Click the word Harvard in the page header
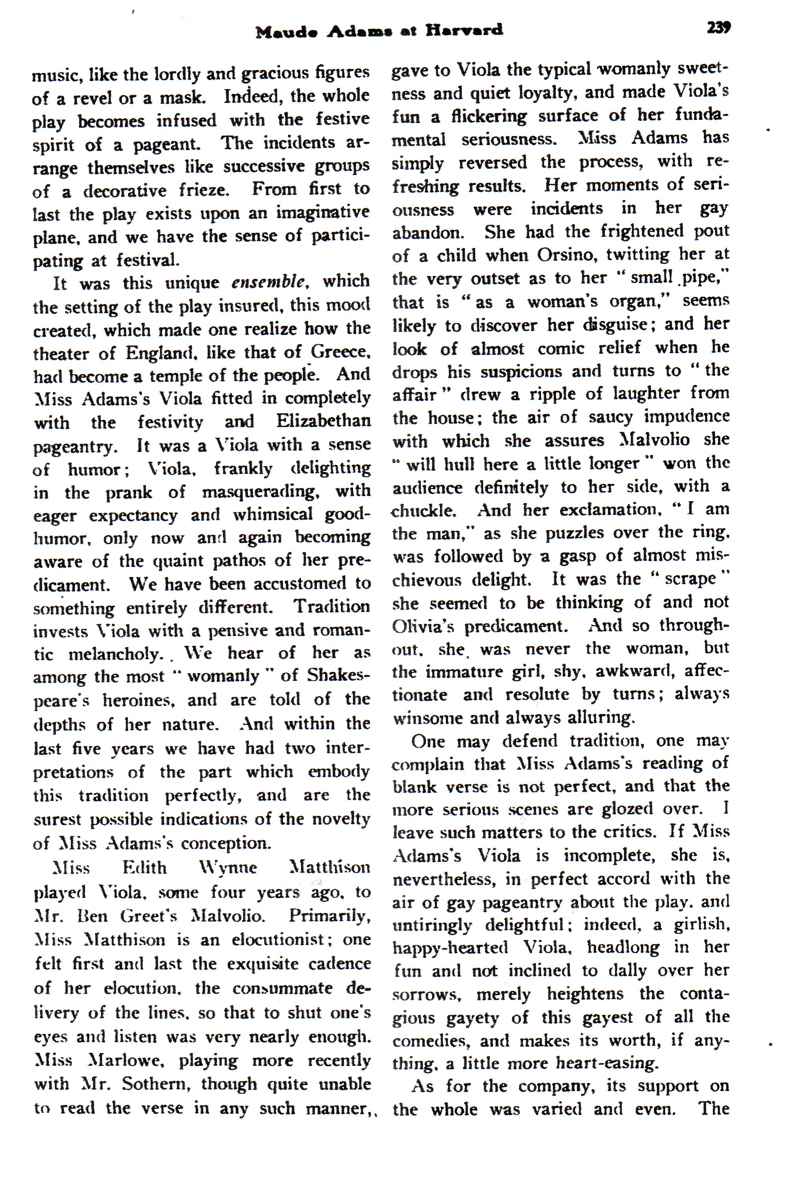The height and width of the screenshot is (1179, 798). tap(464, 30)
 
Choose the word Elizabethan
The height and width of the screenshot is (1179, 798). tap(324, 421)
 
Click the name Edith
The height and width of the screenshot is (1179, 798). tap(145, 867)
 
